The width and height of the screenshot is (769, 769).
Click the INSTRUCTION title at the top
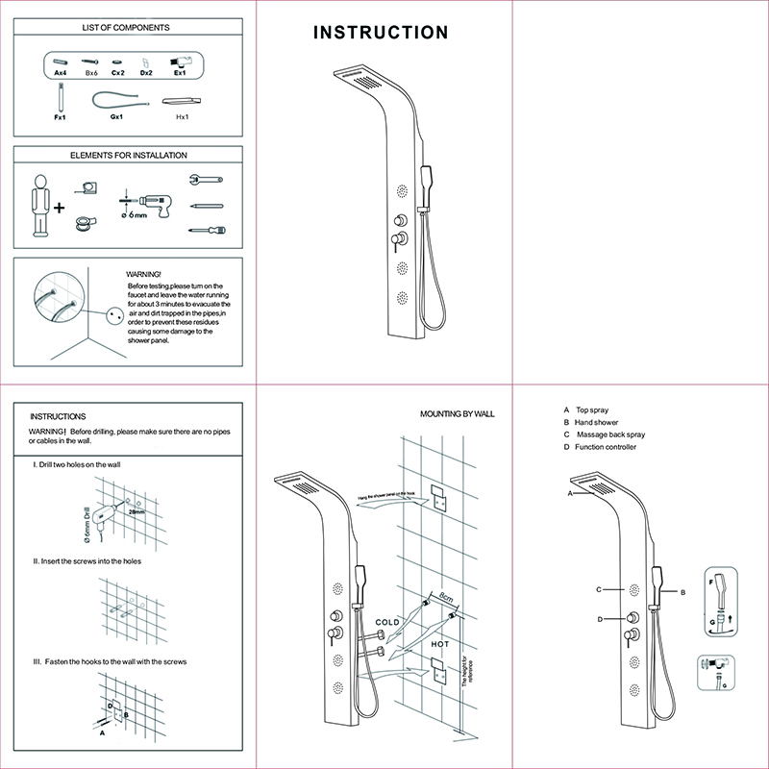(382, 33)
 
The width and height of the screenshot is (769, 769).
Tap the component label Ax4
(61, 73)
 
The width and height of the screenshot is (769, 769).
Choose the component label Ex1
(179, 73)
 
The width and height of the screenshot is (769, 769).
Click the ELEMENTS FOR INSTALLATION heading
(129, 155)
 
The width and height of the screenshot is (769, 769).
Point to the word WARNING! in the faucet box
(144, 274)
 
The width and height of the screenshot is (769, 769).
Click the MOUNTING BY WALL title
(457, 413)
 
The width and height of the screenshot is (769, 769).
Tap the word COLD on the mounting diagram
(387, 623)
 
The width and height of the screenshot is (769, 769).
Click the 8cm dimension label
(446, 597)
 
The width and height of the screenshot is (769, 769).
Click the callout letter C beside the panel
(598, 589)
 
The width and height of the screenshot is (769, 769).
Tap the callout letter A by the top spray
(570, 492)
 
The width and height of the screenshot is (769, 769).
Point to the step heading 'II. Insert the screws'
(87, 561)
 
